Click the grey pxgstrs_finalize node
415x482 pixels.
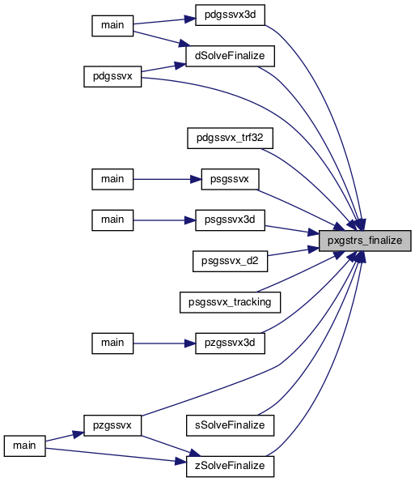365,241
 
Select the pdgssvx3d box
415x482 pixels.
230,15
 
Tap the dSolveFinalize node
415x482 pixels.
230,56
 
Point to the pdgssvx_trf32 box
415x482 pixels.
230,138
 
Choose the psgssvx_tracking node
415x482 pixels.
230,302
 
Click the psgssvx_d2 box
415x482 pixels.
230,262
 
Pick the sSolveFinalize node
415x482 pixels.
230,425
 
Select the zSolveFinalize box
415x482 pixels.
230,467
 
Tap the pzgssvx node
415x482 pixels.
112,425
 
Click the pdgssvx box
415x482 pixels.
112,76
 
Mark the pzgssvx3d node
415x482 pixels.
230,343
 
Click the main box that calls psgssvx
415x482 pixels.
112,179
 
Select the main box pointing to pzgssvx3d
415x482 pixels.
112,343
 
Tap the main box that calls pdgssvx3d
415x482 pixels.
112,25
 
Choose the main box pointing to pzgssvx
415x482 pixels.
24,446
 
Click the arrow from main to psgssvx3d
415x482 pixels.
164,220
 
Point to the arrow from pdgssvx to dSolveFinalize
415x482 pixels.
163,67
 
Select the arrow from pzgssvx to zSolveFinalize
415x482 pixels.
172,446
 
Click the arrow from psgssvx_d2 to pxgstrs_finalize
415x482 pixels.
294,251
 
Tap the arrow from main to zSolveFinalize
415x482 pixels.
116,455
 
